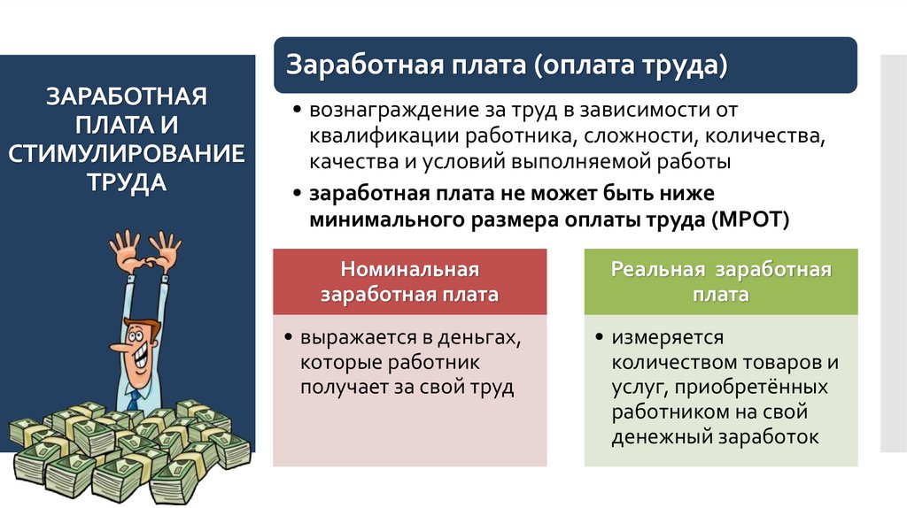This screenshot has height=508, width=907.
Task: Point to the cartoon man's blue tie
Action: point(134,399)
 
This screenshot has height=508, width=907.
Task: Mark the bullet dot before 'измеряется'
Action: point(601,338)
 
